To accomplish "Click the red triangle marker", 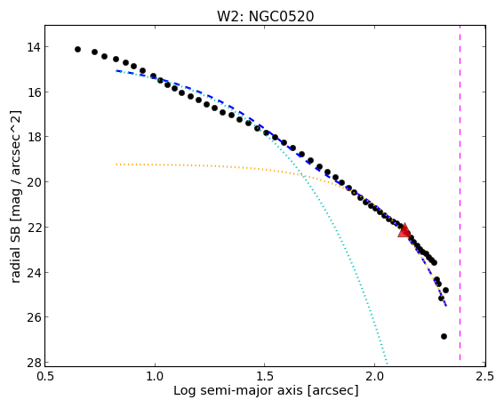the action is (x=404, y=230).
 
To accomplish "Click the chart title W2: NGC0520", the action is (x=265, y=16).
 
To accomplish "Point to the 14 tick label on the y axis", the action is (x=34, y=47).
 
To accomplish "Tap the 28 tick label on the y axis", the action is (x=34, y=363).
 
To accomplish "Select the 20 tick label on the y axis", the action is (x=34, y=182).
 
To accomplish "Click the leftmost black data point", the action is (x=77, y=49).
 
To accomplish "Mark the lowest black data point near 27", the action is (x=444, y=336).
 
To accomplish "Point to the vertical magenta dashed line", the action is (x=460, y=193).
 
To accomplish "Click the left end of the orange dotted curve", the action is (x=116, y=164).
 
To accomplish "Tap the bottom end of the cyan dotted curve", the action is (x=388, y=364).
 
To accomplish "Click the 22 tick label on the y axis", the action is (x=34, y=228).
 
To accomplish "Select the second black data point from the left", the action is (x=94, y=52).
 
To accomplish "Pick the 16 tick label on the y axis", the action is (x=34, y=92).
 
